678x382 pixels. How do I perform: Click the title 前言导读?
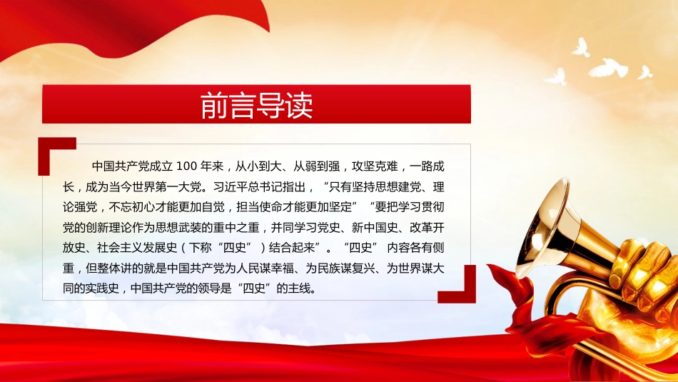[256, 106]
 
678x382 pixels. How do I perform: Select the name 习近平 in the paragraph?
[229, 188]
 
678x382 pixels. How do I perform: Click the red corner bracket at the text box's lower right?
[459, 286]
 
